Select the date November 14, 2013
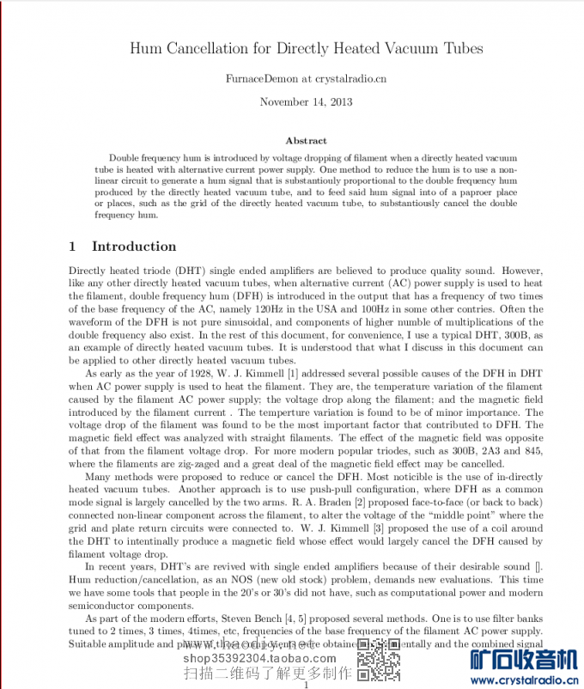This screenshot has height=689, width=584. point(306,101)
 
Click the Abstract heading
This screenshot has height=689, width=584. point(306,140)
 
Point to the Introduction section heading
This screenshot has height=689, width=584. point(133,247)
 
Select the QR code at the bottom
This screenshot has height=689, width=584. point(379,661)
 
